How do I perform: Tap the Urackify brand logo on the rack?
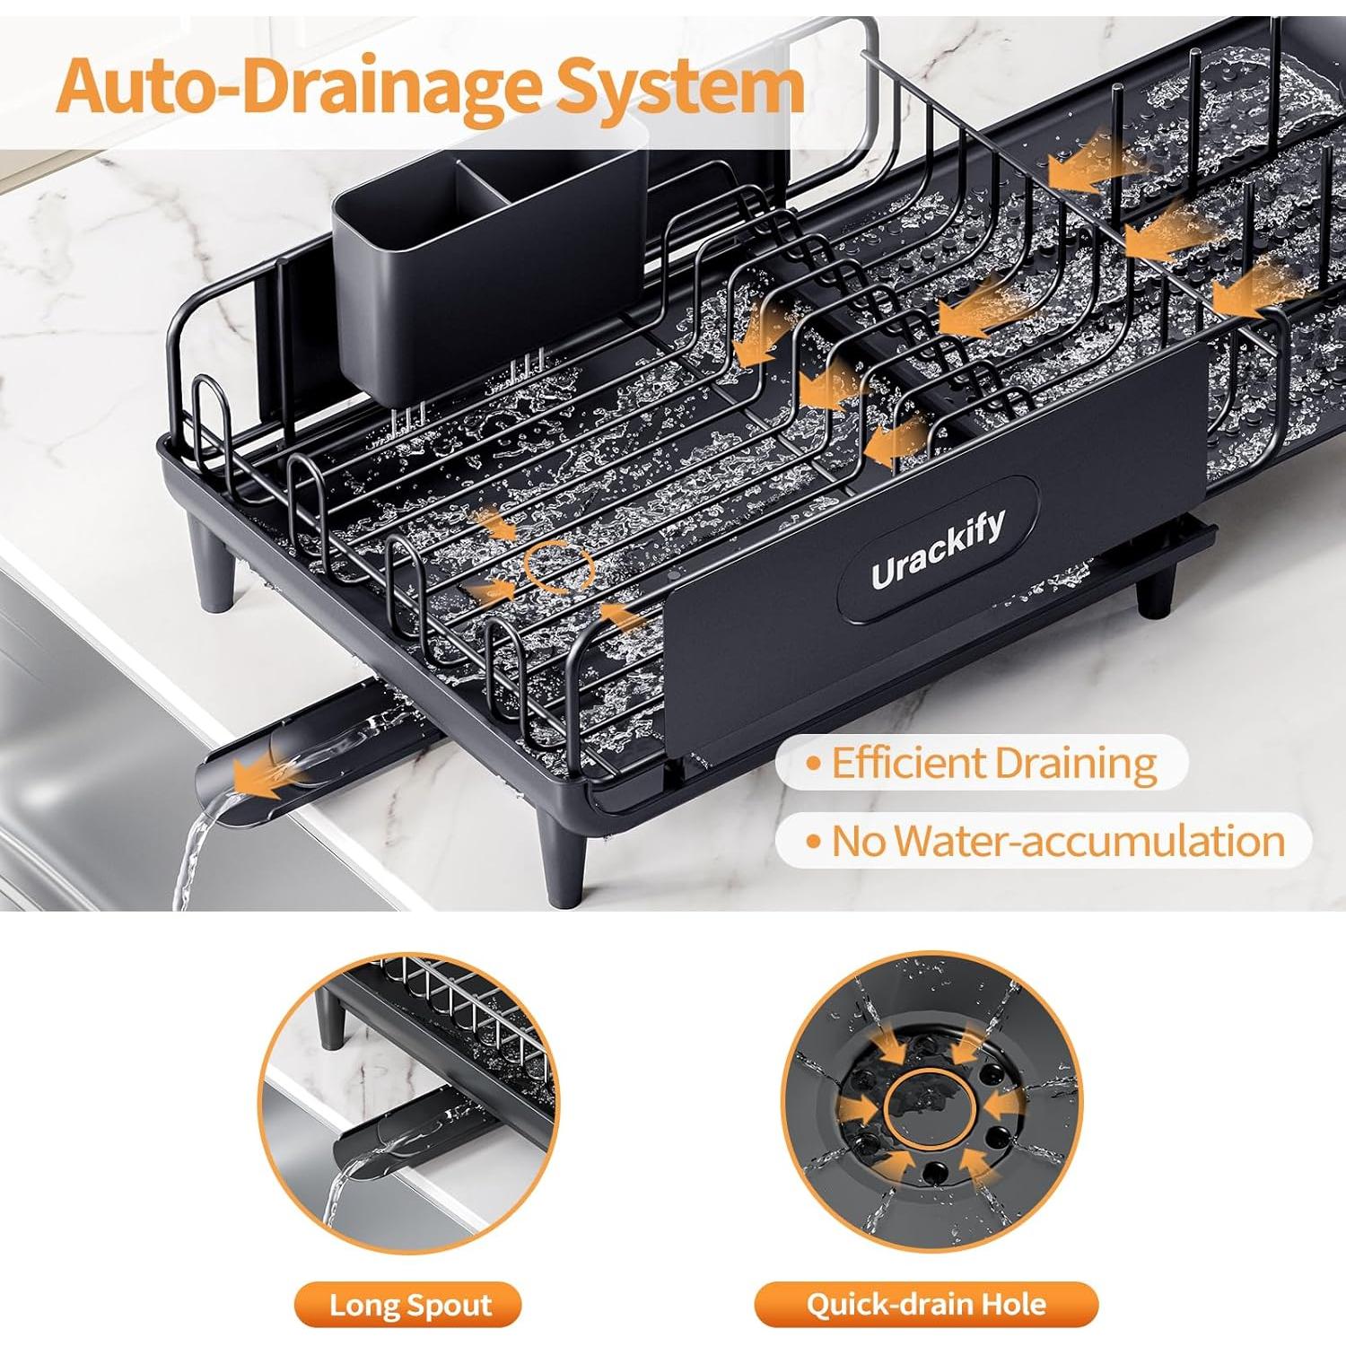click(x=938, y=550)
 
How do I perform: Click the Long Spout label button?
click(x=409, y=1305)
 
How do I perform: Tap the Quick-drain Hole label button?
click(x=926, y=1305)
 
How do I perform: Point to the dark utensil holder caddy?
click(x=489, y=269)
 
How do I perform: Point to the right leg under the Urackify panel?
click(x=1156, y=592)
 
